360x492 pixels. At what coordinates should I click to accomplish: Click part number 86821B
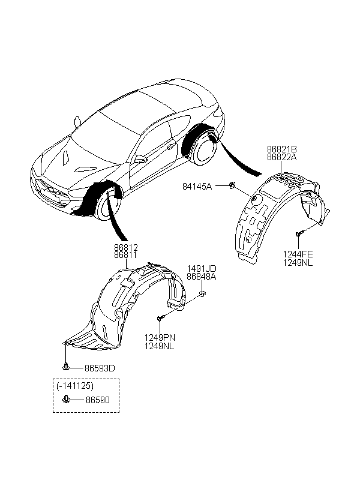281,149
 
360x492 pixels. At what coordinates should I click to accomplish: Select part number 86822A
281,157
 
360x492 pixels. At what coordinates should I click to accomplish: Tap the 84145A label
197,187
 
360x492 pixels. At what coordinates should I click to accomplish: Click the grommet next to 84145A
232,185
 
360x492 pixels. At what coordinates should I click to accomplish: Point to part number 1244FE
298,254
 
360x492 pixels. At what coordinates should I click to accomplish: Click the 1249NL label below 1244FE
298,263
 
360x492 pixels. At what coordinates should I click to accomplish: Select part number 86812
125,248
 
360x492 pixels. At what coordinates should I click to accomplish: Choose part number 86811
125,256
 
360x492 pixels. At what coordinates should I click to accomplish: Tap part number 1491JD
202,269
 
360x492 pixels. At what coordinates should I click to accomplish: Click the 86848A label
202,277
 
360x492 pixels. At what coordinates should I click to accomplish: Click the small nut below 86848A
202,293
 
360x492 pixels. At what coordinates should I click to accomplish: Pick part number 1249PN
160,338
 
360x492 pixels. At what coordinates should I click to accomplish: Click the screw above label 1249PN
160,318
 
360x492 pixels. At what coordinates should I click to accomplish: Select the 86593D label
100,368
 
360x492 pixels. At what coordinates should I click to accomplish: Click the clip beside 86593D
66,366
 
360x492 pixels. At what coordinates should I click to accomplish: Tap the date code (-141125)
76,386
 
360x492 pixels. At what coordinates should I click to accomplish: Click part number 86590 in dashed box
98,400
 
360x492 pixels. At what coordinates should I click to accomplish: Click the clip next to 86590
66,400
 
